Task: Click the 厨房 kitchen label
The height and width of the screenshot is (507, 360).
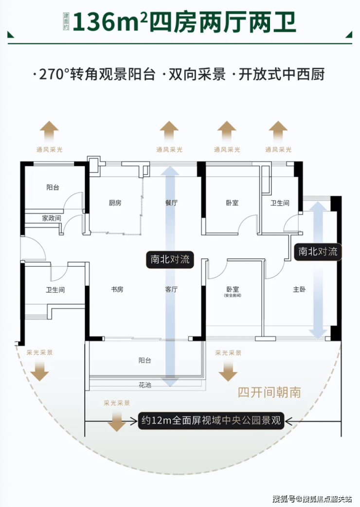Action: point(115,203)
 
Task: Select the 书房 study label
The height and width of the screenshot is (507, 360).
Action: point(117,290)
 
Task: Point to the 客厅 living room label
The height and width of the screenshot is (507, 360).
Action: point(171,290)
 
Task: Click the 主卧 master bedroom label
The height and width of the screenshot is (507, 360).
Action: point(299,290)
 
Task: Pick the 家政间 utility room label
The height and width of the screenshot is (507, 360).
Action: point(51,218)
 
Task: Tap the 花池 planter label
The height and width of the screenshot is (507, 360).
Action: point(144,385)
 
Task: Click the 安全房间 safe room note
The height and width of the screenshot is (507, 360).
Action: point(232,296)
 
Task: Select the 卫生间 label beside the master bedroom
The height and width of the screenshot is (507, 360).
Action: point(280,203)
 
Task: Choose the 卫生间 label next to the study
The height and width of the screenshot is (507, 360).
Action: point(55,290)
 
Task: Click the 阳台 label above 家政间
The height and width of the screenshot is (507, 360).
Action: point(53,187)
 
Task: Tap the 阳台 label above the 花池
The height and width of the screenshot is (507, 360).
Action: point(144,361)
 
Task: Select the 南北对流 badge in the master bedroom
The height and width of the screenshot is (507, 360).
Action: point(318,252)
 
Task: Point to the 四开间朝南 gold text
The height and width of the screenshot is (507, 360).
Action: point(269,392)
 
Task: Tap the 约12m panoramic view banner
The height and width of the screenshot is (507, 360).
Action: point(211,420)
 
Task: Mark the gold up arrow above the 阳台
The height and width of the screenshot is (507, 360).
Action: point(49,131)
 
